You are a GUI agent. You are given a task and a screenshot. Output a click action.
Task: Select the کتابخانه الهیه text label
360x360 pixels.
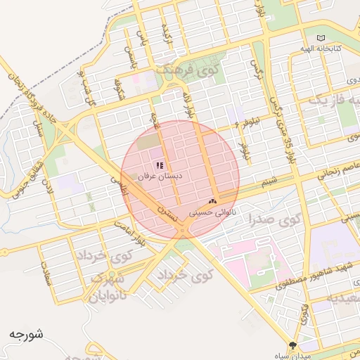tap(327, 49)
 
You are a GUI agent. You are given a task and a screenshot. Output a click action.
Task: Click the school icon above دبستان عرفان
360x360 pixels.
tap(160, 165)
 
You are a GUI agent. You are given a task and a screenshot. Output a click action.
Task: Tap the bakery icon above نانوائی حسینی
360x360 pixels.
tap(212, 200)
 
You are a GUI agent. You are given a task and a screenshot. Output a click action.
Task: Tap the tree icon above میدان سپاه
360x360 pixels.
tap(293, 345)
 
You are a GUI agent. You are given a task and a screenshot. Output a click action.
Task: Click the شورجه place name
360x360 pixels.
tap(27, 333)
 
